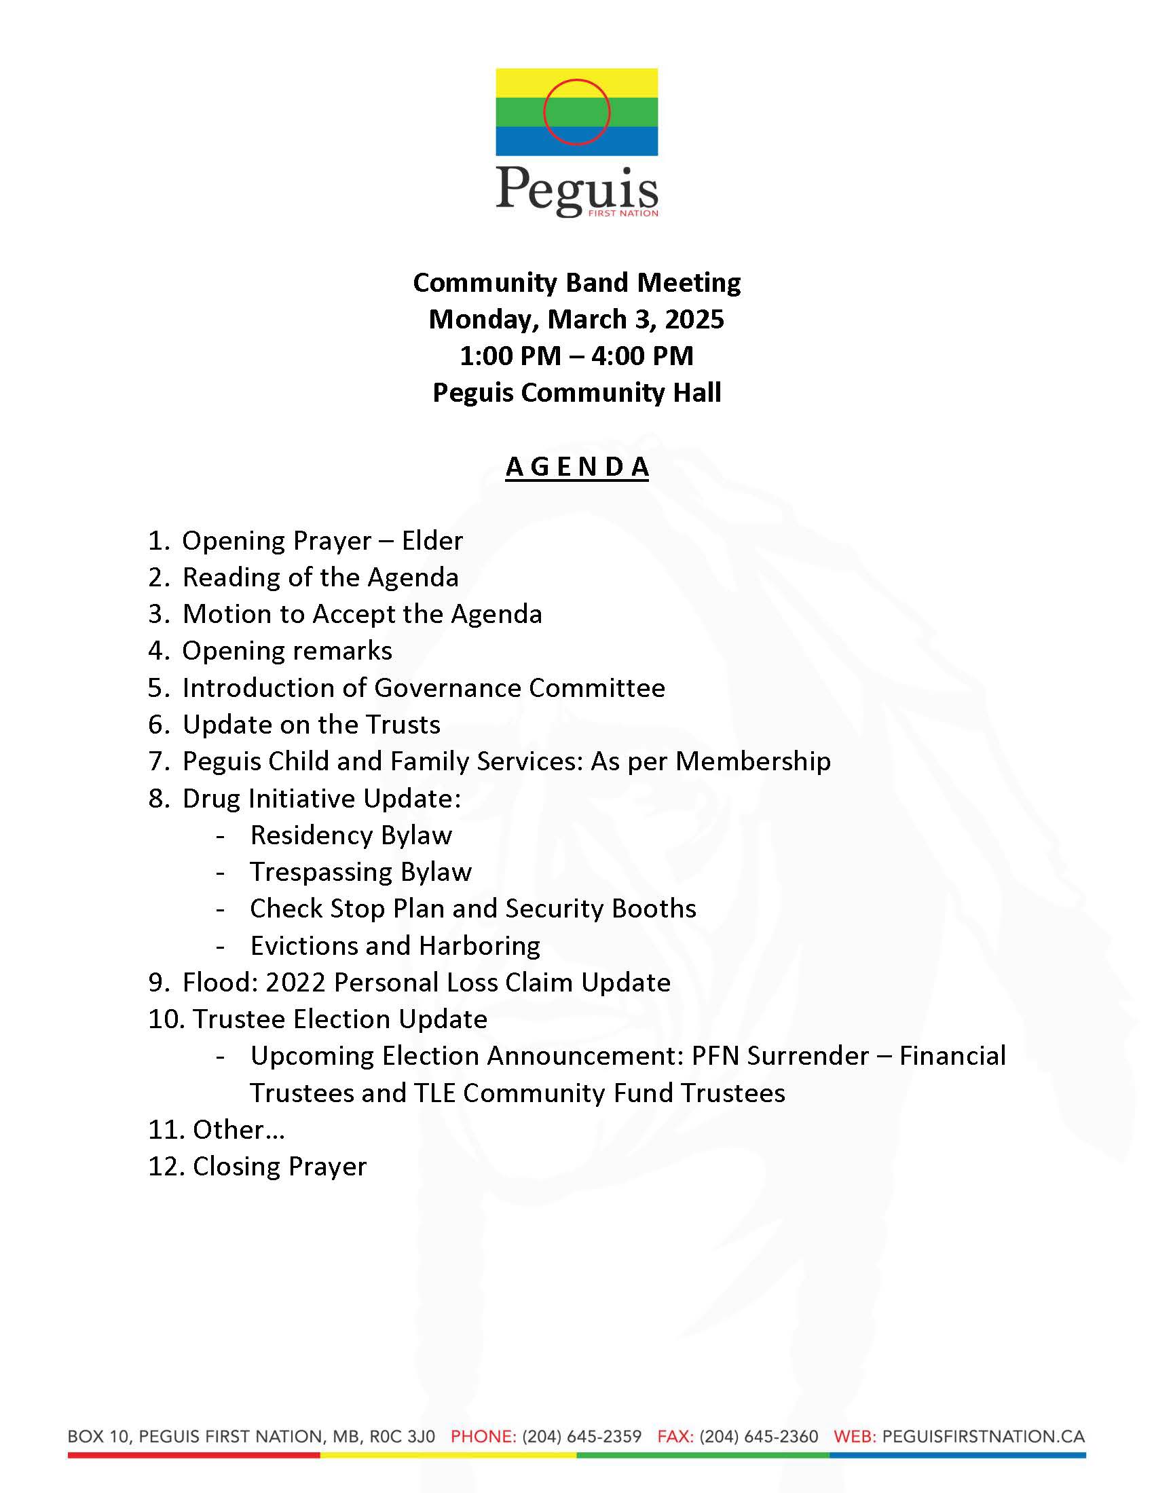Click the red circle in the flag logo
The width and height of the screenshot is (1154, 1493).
coord(576,112)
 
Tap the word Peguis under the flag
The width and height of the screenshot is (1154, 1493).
coord(576,189)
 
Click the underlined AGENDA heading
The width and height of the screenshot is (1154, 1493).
coord(576,467)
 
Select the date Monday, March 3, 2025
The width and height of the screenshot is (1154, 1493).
coord(576,319)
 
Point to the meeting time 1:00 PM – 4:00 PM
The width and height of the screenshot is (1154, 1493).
coord(576,356)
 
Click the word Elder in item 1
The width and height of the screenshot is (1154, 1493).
coord(432,541)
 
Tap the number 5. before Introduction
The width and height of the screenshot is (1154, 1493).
coord(159,687)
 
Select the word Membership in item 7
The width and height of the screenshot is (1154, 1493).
coord(753,761)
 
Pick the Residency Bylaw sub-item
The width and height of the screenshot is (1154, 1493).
coord(351,835)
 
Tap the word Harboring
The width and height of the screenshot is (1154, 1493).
coord(479,946)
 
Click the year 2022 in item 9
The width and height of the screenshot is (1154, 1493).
coord(295,983)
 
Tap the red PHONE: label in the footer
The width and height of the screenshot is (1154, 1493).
coord(483,1437)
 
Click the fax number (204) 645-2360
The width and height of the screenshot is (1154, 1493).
coord(759,1437)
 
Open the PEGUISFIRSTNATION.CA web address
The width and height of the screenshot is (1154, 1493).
coord(983,1437)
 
